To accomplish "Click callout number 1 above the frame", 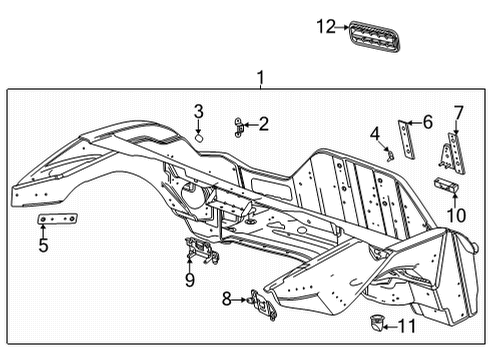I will coord(260,78).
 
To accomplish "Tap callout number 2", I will coord(263,125).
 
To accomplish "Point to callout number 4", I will coord(375,133).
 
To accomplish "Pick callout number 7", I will coord(459,111).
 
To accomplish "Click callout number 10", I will coord(456,213).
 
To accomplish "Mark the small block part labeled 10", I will coord(445,184).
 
